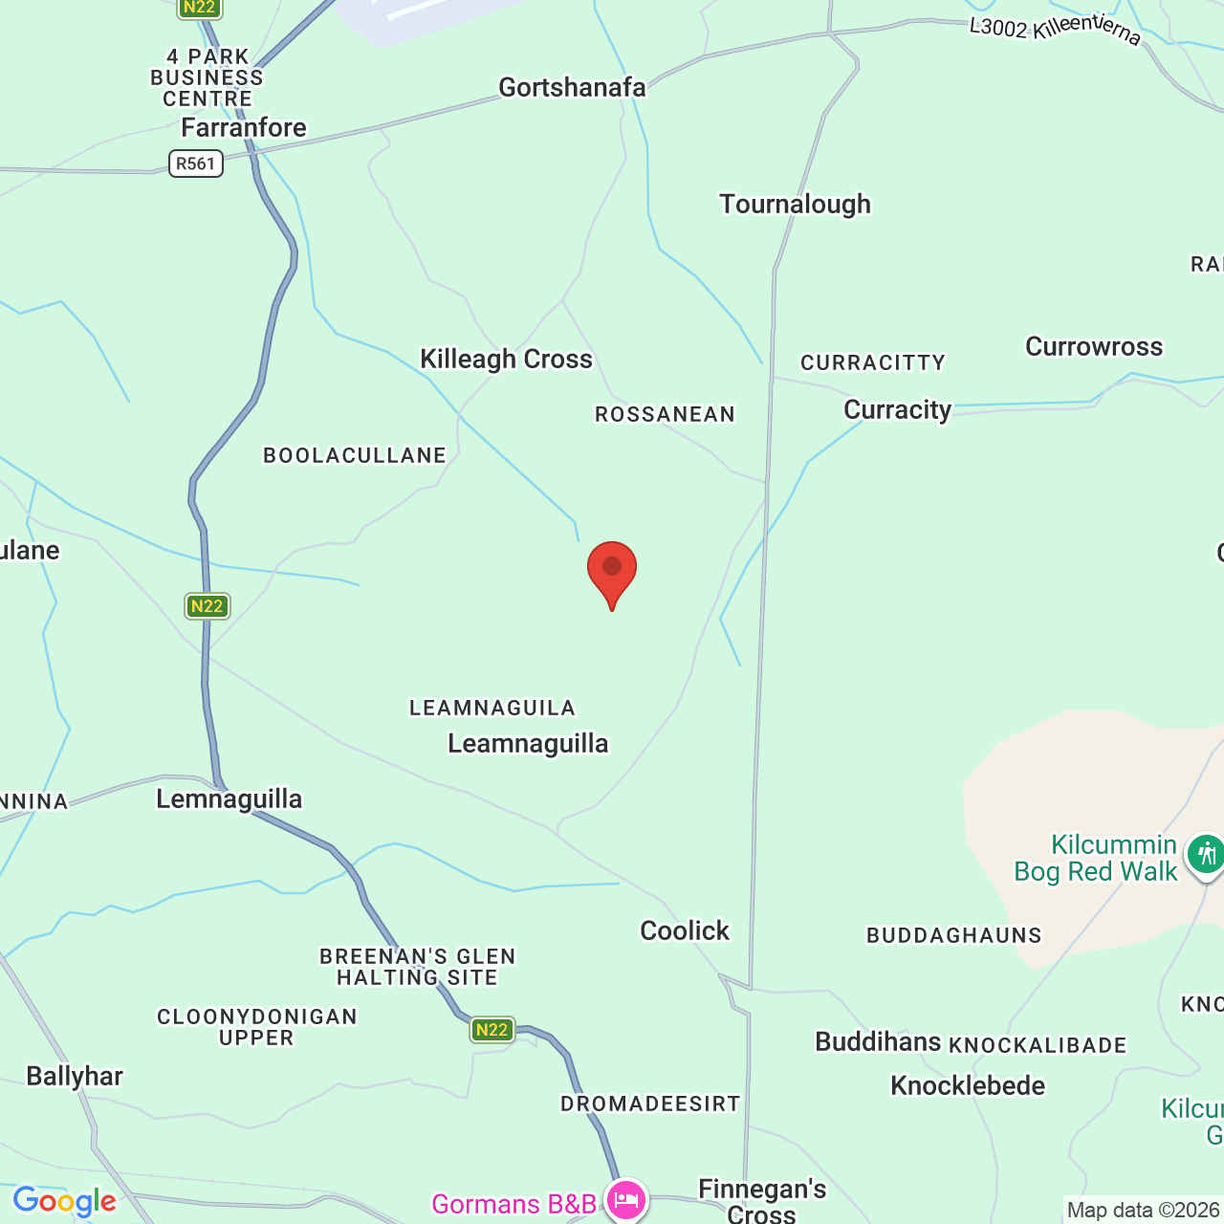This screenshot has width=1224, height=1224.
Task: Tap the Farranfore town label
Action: point(244,127)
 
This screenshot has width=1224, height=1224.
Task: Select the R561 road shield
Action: point(196,164)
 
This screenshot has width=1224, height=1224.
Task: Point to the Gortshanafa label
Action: point(572,87)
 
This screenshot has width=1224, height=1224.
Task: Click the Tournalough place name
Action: point(795,204)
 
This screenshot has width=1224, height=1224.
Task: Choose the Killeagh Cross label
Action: point(506,359)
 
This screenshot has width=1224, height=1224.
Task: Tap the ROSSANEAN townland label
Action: point(665,414)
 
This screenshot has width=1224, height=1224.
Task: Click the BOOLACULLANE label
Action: point(355,455)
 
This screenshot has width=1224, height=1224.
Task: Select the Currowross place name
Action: point(1094,346)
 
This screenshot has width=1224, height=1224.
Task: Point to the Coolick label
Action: point(685,930)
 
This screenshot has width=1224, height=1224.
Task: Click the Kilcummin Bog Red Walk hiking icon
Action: point(1205,854)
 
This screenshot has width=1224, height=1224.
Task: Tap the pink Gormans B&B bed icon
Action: point(626,1200)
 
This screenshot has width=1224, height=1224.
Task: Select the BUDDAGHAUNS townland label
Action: point(953,935)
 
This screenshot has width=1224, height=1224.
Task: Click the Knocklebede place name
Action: point(968,1085)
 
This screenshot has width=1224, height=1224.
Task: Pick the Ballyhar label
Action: point(75,1076)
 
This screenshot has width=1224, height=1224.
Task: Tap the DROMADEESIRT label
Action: point(650,1104)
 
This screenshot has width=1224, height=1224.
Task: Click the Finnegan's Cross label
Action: point(762,1200)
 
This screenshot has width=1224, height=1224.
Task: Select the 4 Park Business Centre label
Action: point(208,77)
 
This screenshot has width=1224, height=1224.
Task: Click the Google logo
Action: point(64,1201)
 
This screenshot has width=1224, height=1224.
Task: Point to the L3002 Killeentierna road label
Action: point(1055,29)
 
